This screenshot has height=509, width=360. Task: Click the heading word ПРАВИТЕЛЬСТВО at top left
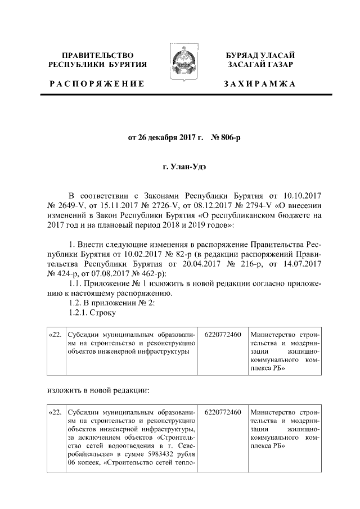pyautogui.click(x=98, y=55)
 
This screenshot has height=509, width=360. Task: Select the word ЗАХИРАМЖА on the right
pyautogui.click(x=259, y=84)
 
